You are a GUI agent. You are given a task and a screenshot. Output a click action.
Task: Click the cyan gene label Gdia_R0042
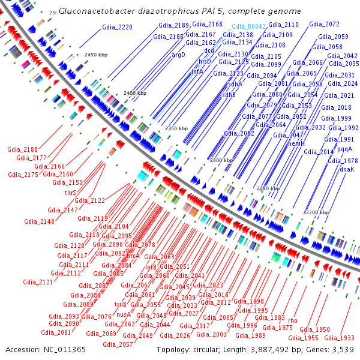pos(248,27)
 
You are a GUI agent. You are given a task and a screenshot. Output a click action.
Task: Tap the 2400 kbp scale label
pos(135,94)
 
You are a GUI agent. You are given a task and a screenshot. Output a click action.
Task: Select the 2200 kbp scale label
pos(317,212)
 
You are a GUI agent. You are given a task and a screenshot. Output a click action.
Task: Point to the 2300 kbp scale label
pos(221,161)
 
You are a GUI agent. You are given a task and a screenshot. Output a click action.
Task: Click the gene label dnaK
pos(347,170)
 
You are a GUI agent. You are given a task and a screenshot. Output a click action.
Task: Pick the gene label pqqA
pos(344,149)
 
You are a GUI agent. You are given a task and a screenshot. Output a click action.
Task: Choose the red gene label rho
pos(293,320)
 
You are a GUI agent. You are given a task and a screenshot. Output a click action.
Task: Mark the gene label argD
pos(179,55)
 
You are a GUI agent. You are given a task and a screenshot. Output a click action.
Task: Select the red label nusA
pos(123,314)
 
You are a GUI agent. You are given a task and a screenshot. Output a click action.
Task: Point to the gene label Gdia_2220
pos(118,27)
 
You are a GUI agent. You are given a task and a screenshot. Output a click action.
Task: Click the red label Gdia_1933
pos(343,338)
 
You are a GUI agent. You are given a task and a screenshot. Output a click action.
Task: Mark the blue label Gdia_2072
pos(324,25)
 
